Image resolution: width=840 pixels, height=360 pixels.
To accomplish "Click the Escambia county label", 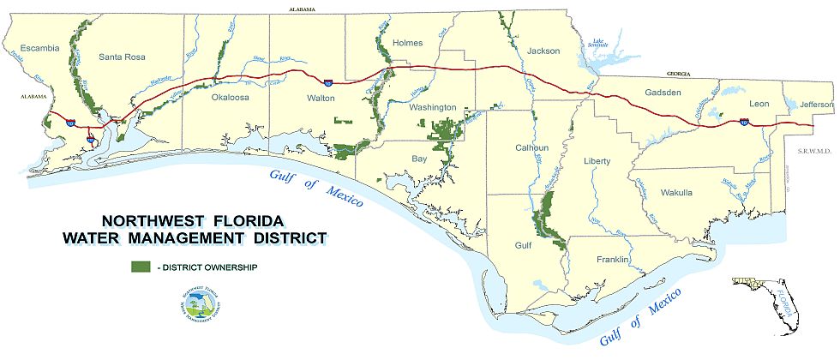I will [40, 48].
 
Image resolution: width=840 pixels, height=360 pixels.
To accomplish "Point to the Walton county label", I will [321, 99].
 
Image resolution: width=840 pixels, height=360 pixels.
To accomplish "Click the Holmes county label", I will [407, 43].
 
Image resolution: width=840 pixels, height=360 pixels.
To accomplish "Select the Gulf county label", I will [522, 244].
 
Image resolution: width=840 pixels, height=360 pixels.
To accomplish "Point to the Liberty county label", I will [597, 161].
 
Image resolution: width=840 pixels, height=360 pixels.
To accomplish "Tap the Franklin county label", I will [614, 259].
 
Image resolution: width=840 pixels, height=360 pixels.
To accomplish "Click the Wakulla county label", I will [676, 193].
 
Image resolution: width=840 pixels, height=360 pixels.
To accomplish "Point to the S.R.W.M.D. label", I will [813, 151].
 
